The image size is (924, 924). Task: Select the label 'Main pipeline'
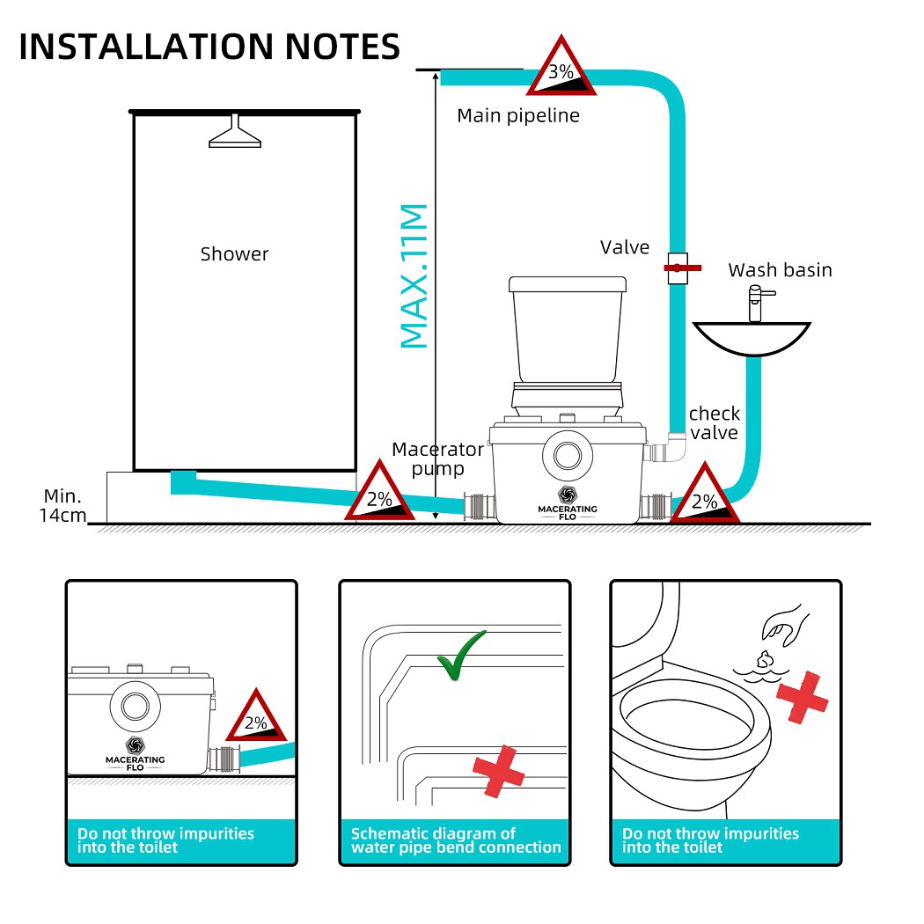[x=518, y=115]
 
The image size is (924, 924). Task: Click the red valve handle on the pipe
[x=681, y=266]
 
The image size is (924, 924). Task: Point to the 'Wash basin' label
[x=780, y=269]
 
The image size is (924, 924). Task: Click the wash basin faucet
[x=754, y=303]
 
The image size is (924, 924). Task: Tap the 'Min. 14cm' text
[x=62, y=506]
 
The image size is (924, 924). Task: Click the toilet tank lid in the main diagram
[x=568, y=284]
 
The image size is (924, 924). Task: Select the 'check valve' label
[x=714, y=422]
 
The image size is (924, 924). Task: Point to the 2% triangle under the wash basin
[x=705, y=498]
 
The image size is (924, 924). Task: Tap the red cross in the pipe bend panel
[x=498, y=771]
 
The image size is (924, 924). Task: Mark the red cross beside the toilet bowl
[x=803, y=699]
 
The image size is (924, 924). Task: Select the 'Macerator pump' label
[x=437, y=458]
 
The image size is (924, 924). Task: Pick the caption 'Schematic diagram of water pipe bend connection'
[x=456, y=840]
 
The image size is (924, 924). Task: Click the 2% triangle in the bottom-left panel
[x=256, y=718]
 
